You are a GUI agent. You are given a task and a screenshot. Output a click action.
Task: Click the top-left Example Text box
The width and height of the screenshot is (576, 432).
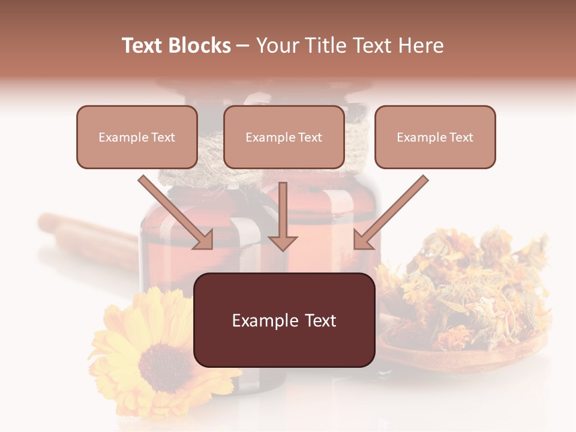(137, 137)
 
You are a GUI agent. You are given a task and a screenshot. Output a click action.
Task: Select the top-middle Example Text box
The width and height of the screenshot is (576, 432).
(284, 137)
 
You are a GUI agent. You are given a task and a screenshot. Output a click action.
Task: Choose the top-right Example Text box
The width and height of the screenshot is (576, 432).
(435, 137)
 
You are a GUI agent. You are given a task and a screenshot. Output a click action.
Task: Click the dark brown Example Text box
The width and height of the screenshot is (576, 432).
(284, 320)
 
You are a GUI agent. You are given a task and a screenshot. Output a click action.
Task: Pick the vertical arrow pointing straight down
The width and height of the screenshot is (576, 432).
(283, 213)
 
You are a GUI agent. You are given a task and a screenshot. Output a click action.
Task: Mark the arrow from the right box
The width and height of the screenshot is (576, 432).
(393, 210)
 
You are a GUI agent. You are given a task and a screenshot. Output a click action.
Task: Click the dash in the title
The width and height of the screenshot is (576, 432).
(243, 46)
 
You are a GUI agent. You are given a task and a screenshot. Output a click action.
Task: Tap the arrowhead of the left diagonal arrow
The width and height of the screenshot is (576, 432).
(204, 240)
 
